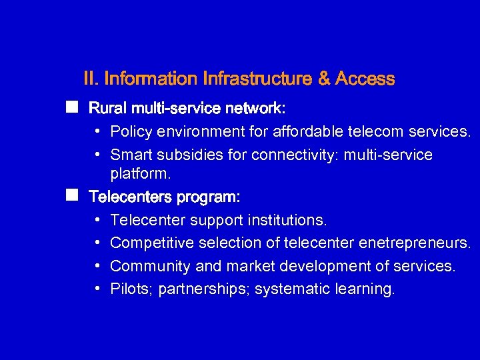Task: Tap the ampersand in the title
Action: click(325, 79)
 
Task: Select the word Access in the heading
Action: click(365, 79)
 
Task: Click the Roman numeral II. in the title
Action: click(92, 79)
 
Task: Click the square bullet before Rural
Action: click(71, 107)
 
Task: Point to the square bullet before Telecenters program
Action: click(71, 195)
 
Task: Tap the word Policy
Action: click(131, 132)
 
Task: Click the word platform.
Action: click(141, 174)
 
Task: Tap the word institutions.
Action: click(287, 220)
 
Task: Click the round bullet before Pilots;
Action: click(97, 289)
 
